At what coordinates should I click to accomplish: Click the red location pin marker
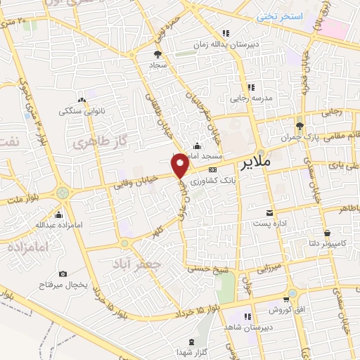coord(181,165)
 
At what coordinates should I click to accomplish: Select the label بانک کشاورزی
coord(238,180)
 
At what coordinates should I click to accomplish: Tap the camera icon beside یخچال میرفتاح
coord(63,274)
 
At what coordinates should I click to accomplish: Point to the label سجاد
coord(156,65)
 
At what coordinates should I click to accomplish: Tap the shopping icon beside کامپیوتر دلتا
coord(326,233)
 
